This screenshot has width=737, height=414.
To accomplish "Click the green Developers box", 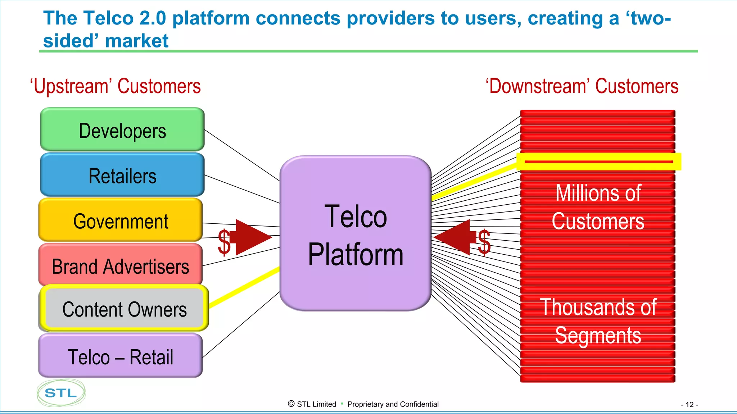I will (x=122, y=129).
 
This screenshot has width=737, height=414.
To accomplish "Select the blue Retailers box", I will (x=122, y=175).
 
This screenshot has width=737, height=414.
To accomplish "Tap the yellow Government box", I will (x=121, y=220).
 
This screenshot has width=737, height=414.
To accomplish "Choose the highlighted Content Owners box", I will (x=124, y=309).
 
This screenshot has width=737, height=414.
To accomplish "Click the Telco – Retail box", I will (x=121, y=356).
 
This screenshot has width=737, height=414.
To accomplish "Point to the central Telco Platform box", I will (x=356, y=234).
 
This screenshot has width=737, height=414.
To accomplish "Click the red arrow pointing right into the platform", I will (x=252, y=237).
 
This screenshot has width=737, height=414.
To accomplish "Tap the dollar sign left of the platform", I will (x=224, y=242).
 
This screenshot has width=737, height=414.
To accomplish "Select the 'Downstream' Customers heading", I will (x=582, y=86).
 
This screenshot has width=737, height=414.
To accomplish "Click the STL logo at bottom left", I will (x=61, y=393).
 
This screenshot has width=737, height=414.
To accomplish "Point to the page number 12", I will (x=689, y=405).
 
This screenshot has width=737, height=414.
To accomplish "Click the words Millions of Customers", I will (x=598, y=207).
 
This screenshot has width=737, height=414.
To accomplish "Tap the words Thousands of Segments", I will (x=598, y=321).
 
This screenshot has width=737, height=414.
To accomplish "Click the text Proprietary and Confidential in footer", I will (x=393, y=404).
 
